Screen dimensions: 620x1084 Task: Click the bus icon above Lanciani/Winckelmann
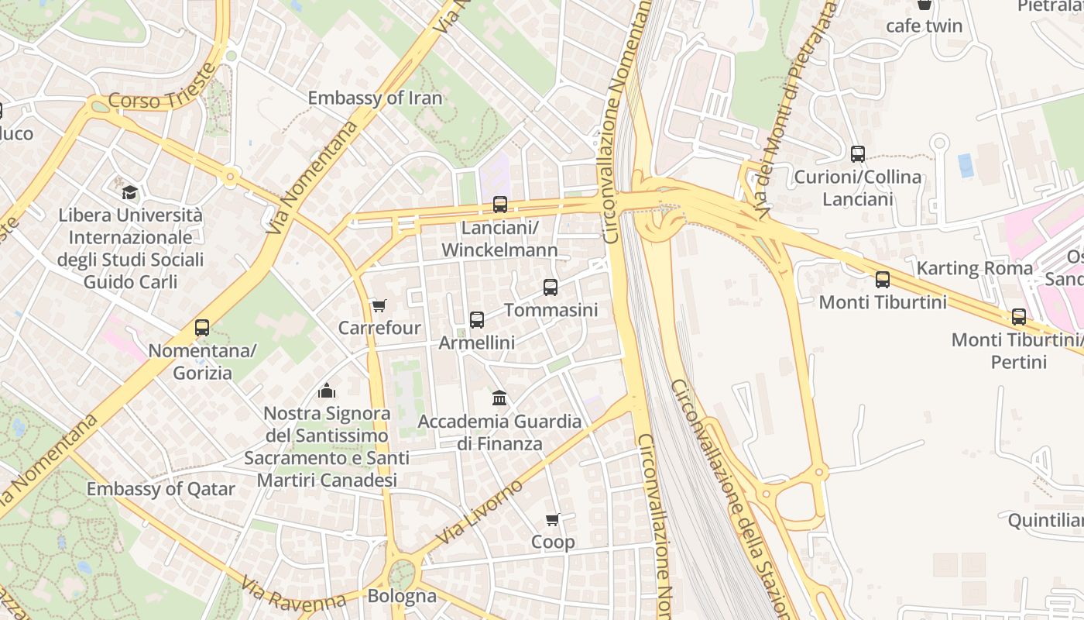coord(500,205)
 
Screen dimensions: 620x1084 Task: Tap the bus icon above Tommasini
coord(551,288)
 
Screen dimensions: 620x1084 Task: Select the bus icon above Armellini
coord(477,320)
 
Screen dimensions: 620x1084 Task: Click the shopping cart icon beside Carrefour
coord(379,306)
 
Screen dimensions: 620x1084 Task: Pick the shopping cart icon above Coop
coord(552,519)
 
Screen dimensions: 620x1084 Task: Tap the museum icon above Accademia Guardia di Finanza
coord(499,398)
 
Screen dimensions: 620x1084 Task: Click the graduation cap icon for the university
coord(130,192)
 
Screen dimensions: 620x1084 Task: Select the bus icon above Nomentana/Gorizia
coord(202,328)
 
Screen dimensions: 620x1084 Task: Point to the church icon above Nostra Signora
coord(327,391)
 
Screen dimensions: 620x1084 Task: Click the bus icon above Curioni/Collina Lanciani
coord(857,154)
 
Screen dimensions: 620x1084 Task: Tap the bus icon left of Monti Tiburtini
coord(883,280)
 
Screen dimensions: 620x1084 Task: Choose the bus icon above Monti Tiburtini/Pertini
coord(1019,317)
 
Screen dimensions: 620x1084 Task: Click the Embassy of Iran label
coord(375,98)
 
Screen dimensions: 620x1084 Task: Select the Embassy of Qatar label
coord(160,489)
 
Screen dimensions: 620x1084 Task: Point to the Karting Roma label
coord(974,269)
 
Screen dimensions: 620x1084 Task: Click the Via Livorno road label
coord(479,512)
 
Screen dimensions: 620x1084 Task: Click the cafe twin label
coord(924,26)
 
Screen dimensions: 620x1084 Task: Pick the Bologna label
coord(402,597)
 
